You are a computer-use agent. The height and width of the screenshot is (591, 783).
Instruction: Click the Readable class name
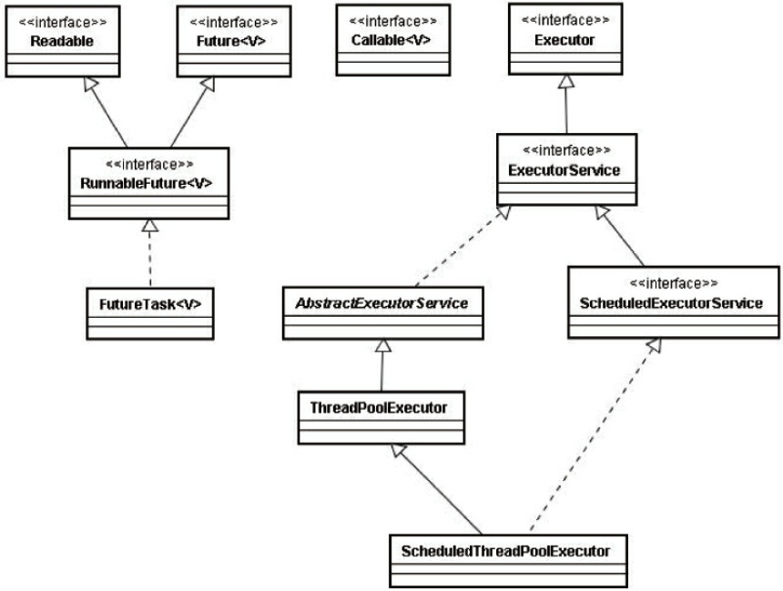[x=62, y=41]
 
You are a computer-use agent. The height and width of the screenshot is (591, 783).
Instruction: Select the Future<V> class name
[x=231, y=41]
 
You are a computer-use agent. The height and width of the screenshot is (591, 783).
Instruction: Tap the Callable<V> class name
[x=391, y=40]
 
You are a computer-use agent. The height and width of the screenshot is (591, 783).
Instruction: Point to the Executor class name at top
[x=564, y=40]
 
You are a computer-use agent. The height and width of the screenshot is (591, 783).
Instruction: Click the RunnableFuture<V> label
[x=147, y=183]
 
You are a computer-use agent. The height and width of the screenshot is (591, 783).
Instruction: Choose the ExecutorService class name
[x=564, y=170]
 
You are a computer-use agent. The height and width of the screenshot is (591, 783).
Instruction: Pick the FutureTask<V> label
[x=150, y=304]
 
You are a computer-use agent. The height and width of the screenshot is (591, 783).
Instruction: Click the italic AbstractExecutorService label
[x=382, y=303]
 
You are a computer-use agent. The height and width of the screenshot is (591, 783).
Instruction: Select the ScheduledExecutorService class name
[x=672, y=303]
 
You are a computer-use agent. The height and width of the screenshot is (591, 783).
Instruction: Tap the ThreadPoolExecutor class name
[x=379, y=408]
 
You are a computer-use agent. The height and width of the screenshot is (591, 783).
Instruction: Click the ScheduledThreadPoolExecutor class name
[x=506, y=551]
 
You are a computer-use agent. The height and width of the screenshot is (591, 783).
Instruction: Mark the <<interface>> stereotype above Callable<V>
[x=393, y=21]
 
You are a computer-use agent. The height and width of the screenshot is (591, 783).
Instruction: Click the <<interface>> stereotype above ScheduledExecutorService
[x=674, y=283]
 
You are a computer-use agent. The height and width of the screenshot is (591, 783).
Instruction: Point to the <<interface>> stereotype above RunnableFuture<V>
[x=150, y=164]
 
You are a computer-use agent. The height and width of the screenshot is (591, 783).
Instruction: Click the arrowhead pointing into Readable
[x=90, y=84]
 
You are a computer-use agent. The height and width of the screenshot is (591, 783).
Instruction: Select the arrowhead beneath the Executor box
[x=565, y=81]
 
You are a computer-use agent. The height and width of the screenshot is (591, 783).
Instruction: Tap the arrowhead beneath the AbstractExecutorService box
[x=383, y=345]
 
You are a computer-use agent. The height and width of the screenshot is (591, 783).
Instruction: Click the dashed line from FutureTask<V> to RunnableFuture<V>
[x=150, y=260]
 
